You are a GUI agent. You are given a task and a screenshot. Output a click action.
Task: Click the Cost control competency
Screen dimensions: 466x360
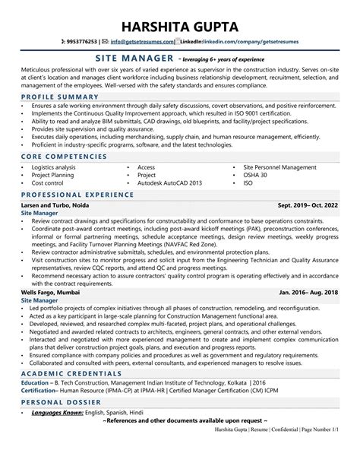[x=47, y=182]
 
